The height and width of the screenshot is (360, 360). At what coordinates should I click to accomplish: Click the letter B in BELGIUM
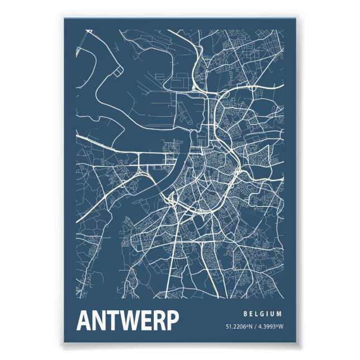tap(246, 314)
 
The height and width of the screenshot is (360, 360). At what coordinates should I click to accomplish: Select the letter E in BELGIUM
tap(252, 314)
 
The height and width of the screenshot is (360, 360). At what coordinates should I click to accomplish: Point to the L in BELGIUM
tap(258, 314)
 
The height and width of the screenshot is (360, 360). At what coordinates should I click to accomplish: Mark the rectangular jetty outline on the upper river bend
tap(118, 72)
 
